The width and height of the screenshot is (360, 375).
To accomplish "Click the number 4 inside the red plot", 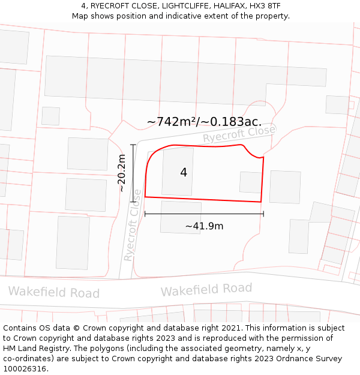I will [x=184, y=173].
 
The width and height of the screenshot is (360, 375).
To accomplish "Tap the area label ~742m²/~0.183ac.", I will [x=204, y=122].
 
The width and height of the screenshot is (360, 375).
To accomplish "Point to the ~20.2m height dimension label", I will [x=121, y=173].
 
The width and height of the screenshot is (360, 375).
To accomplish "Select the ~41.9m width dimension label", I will [x=204, y=226].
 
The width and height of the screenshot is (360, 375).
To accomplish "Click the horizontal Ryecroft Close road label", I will [x=239, y=134].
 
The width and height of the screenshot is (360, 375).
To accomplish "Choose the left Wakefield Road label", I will [x=53, y=293].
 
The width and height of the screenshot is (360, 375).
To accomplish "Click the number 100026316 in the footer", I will [x=25, y=368].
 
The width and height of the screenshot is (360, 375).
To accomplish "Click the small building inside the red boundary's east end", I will [x=251, y=182].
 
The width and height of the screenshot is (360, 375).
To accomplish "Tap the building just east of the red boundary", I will [x=285, y=187].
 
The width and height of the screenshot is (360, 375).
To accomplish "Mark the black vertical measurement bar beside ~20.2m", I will [x=133, y=174].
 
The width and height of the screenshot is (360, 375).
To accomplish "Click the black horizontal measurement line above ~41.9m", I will [x=204, y=213].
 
